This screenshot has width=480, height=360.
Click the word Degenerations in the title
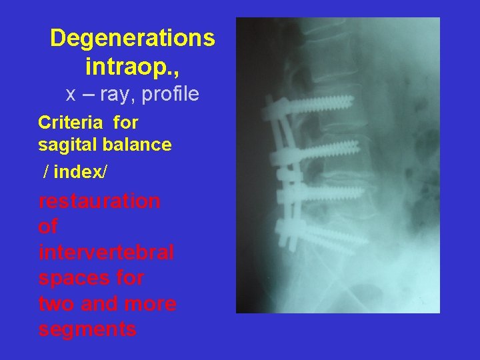point(132,38)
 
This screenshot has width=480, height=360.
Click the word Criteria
point(70,123)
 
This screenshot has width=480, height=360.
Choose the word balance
point(139,145)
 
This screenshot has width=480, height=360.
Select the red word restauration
point(99,201)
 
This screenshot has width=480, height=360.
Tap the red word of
point(48,227)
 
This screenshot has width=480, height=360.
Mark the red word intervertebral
point(106,253)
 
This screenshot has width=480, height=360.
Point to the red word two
point(56,303)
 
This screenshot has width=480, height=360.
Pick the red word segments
point(87,329)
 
